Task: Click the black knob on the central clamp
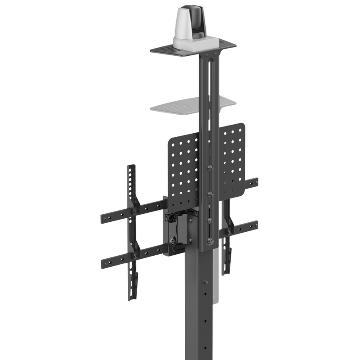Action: (x=169, y=219)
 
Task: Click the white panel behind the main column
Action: (x=217, y=279)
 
